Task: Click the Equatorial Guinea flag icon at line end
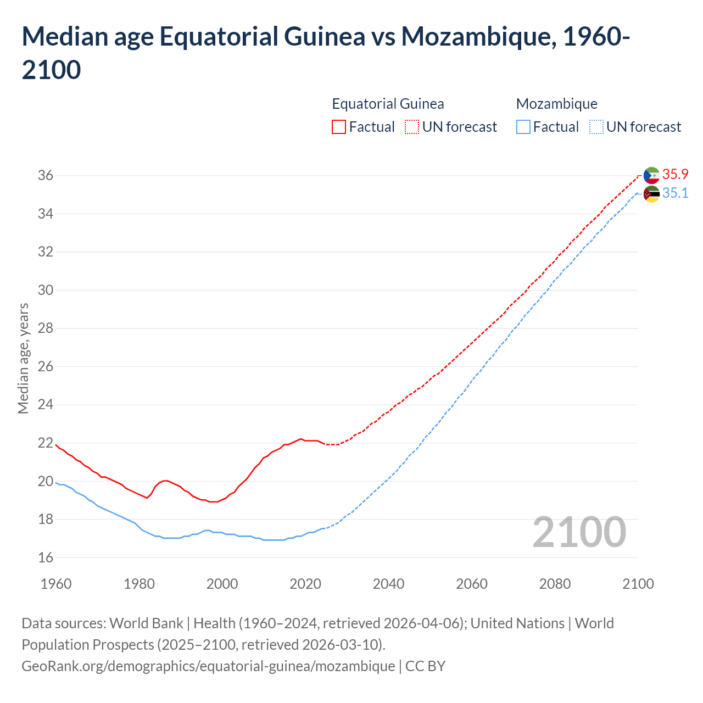coord(651,175)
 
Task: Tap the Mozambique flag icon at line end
coord(651,194)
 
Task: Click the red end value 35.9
coord(675,175)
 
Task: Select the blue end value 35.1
coord(675,193)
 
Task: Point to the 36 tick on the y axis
coord(46,176)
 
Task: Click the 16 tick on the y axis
coord(46,558)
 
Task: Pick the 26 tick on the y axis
coord(46,367)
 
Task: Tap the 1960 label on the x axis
coord(56,584)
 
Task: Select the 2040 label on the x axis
coord(388,584)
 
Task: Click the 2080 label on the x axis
coord(555,584)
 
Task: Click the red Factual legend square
coord(339,127)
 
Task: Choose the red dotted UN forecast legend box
coord(412,127)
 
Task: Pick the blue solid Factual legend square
coord(523,127)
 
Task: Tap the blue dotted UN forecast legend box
coord(596,127)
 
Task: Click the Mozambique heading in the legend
coord(556,104)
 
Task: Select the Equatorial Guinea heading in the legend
coord(388,104)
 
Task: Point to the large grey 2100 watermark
coord(579,532)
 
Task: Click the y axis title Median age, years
coord(23,358)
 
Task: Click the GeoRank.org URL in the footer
coord(208,666)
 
